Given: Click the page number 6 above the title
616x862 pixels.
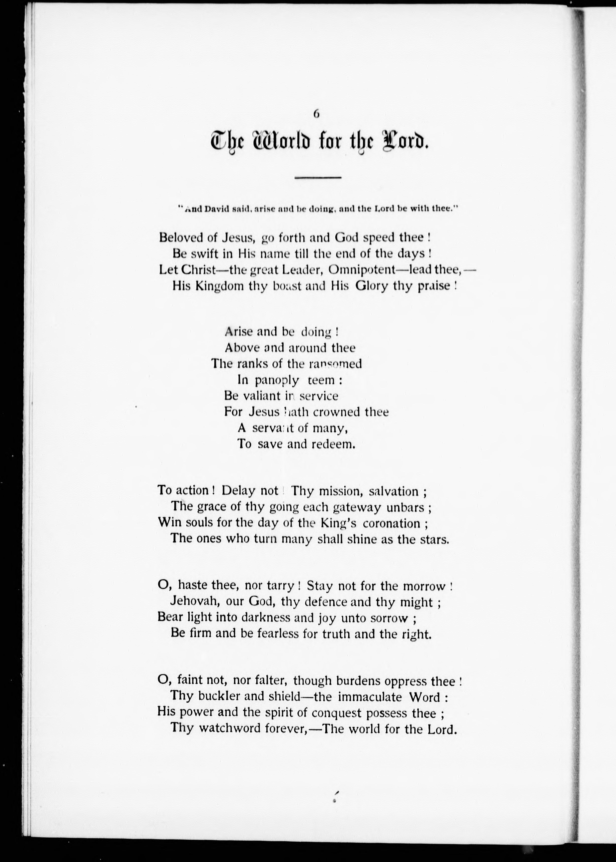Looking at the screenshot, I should pos(316,114).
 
